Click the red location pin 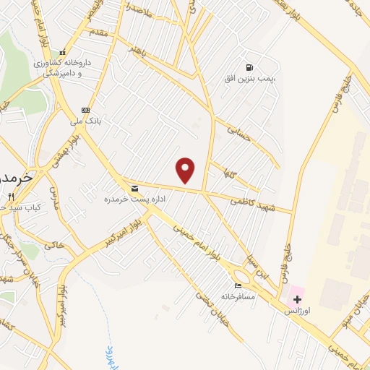point(186,170)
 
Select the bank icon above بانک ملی point(86,109)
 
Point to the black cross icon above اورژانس point(297,299)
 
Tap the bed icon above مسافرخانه point(239,286)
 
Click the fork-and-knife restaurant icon point(11,197)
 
